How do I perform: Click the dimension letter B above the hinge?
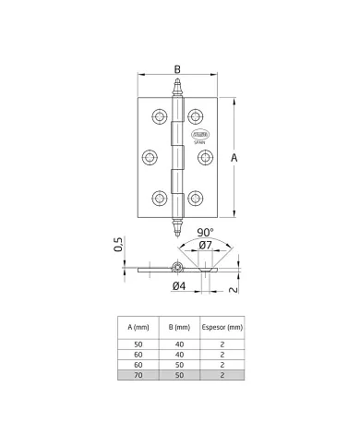click(177, 67)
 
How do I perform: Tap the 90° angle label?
click(204, 233)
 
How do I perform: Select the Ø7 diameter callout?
click(205, 246)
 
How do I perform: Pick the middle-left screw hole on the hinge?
click(149, 156)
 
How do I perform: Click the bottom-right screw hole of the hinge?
click(196, 197)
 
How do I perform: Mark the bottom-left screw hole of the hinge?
click(158, 197)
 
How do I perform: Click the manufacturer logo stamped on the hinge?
click(198, 137)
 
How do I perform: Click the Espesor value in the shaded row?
click(223, 377)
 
